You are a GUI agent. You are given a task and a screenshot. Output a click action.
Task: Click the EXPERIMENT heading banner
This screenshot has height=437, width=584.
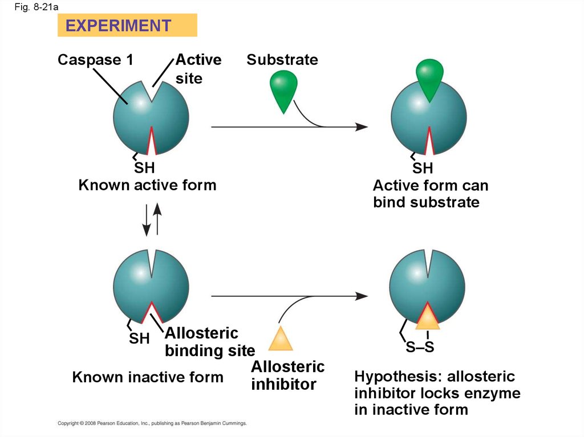coord(127,26)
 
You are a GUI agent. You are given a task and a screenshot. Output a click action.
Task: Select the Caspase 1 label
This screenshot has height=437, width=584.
coord(95,60)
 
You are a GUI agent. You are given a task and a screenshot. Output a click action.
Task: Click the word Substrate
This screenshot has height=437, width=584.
coord(282,60)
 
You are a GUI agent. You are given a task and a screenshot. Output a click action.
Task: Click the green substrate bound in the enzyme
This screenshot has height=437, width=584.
coord(429,77)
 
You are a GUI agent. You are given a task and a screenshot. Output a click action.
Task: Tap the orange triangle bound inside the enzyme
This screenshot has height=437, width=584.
coord(427,317)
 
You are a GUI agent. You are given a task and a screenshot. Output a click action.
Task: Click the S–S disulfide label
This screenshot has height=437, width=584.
coord(420,347)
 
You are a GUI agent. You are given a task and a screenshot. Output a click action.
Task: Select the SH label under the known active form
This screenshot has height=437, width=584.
coord(144,168)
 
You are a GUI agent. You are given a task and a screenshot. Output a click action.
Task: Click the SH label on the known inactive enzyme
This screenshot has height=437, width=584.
coord(139,338)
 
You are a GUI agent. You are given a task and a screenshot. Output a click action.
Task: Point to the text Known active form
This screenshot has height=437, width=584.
coord(147,185)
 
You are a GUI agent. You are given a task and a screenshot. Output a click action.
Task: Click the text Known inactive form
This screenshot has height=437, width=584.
coord(148,377)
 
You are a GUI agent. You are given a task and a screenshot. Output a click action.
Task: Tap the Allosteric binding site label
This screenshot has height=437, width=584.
coord(209,342)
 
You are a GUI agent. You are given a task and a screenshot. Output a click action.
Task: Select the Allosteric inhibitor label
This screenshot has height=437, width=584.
coord(287,375)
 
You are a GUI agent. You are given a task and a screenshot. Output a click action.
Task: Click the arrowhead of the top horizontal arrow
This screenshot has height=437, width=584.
coord(362,126)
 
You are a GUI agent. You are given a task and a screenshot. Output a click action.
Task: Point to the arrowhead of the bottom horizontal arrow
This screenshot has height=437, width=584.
coord(362,296)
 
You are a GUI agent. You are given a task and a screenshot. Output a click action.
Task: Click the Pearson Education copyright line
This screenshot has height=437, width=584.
coord(152,423)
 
